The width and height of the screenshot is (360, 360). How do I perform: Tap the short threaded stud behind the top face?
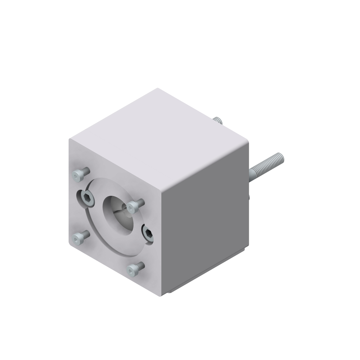[x=217, y=121]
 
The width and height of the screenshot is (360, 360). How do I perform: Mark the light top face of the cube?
[x=158, y=137]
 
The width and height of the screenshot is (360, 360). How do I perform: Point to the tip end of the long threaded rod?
[x=281, y=157]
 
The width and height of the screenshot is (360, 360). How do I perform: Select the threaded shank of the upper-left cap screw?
[x=85, y=171]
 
